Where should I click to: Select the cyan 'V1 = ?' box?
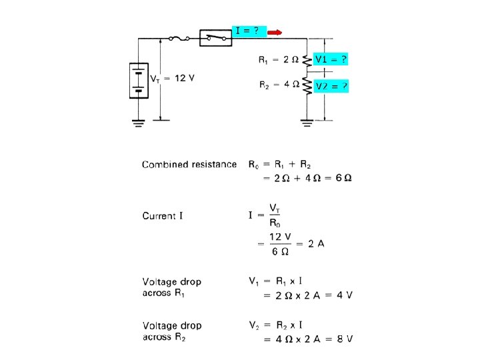click(331, 59)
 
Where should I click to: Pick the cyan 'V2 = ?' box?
click(331, 86)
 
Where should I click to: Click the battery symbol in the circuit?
click(139, 80)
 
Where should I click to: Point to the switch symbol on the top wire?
click(216, 38)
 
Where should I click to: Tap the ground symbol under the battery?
click(139, 122)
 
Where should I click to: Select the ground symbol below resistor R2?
click(307, 121)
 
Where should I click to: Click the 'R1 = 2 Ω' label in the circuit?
click(279, 59)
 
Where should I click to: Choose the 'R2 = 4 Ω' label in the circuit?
click(279, 85)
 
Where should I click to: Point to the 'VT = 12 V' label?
click(171, 78)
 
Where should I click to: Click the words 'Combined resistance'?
click(189, 164)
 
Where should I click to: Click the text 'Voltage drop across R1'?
click(172, 287)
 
